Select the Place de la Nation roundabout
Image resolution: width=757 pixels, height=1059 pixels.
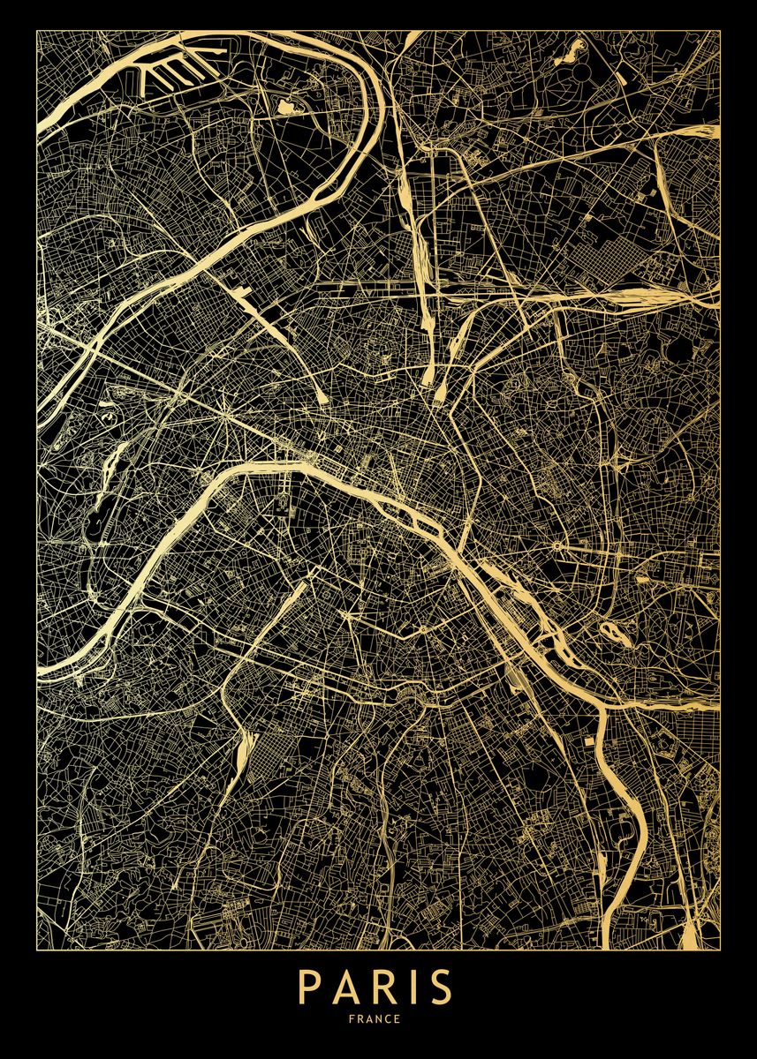pos(558,546)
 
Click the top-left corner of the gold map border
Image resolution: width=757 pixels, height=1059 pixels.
pos(36,31)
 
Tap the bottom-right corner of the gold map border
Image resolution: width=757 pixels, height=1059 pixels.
pos(720,950)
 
